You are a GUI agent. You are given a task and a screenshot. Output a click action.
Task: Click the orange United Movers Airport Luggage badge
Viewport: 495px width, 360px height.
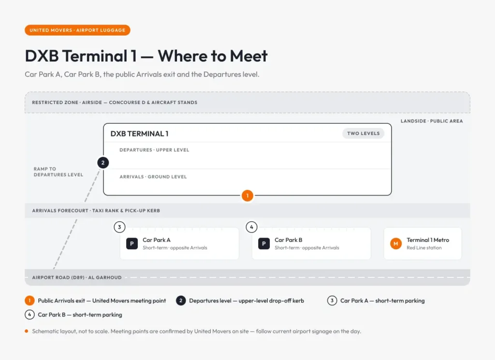pyautogui.click(x=77, y=30)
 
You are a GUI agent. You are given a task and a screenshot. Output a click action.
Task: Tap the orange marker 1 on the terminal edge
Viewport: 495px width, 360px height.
pyautogui.click(x=247, y=195)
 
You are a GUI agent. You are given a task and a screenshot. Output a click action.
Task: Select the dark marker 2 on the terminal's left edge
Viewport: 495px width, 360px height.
pyautogui.click(x=103, y=163)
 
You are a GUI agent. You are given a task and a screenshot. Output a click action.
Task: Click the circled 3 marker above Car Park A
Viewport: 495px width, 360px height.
pyautogui.click(x=119, y=227)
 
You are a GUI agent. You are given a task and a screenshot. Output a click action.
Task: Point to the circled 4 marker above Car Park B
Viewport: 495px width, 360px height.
pyautogui.click(x=251, y=227)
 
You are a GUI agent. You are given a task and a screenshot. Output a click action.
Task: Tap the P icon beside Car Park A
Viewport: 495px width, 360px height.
pyautogui.click(x=132, y=244)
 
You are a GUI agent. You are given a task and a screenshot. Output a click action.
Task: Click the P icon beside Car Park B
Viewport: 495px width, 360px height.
pyautogui.click(x=264, y=244)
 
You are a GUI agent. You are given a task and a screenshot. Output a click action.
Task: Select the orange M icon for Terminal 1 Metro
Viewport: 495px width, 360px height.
pyautogui.click(x=396, y=244)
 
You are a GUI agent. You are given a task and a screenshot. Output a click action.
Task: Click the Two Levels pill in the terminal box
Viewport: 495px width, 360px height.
pyautogui.click(x=364, y=134)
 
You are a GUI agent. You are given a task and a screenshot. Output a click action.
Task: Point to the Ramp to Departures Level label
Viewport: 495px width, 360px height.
pyautogui.click(x=58, y=172)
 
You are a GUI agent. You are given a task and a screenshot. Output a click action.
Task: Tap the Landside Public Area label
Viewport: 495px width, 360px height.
pyautogui.click(x=432, y=121)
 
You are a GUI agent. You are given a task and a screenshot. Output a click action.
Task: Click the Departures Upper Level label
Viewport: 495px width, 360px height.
pyautogui.click(x=154, y=150)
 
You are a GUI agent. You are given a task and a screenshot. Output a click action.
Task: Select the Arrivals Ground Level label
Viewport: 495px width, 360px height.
pyautogui.click(x=153, y=177)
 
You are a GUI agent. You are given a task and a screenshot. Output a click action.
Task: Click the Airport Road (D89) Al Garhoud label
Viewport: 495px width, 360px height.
pyautogui.click(x=77, y=278)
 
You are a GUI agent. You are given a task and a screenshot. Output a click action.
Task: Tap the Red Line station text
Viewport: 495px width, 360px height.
pyautogui.click(x=424, y=248)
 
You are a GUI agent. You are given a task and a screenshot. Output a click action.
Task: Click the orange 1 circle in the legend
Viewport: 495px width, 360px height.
pyautogui.click(x=29, y=300)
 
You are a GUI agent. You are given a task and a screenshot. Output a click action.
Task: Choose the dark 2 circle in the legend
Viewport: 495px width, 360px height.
pyautogui.click(x=181, y=300)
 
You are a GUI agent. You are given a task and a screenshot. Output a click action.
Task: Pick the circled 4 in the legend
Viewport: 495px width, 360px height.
pyautogui.click(x=29, y=315)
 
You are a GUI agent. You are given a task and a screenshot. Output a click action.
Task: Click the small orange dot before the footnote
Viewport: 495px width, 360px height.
pyautogui.click(x=27, y=331)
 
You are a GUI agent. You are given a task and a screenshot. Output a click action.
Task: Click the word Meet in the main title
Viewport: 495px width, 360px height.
pyautogui.click(x=249, y=56)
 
